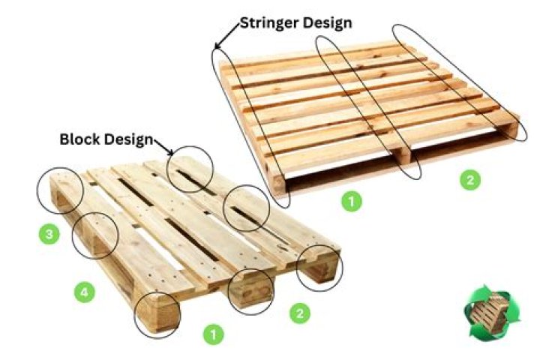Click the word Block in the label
click(80, 139)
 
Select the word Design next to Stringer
click(328, 23)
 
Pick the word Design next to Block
click(129, 139)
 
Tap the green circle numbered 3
click(49, 234)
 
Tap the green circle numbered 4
click(84, 292)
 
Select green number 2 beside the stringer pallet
click(470, 180)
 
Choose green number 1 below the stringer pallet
click(352, 201)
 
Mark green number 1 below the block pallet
click(213, 334)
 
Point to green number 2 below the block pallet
click(299, 313)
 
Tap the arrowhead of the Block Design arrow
click(171, 152)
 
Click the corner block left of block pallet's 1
click(156, 314)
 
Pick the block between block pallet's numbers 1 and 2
click(251, 292)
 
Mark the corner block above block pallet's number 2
click(319, 268)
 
